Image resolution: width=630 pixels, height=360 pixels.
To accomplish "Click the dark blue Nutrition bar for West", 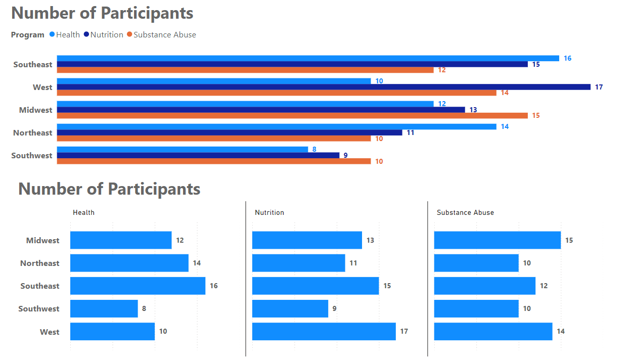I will pyautogui.click(x=324, y=87).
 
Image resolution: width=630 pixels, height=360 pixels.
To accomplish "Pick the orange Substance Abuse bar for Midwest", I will pyautogui.click(x=292, y=116).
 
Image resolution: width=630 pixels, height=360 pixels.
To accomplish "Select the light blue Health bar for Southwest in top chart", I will pyautogui.click(x=182, y=149).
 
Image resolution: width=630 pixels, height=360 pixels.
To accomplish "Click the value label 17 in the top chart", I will pyautogui.click(x=599, y=87).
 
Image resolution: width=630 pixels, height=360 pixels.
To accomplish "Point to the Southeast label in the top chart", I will pyautogui.click(x=33, y=64).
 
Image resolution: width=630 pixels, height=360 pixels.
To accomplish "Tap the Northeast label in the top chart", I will pyautogui.click(x=33, y=132).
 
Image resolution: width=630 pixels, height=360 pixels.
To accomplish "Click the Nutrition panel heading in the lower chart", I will pyautogui.click(x=269, y=212).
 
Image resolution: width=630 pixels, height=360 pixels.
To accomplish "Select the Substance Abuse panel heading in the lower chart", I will pyautogui.click(x=465, y=212).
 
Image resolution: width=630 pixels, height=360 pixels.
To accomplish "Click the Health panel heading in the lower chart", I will pyautogui.click(x=83, y=212).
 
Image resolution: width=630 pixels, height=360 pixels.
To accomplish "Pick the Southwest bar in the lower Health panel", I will pyautogui.click(x=104, y=308).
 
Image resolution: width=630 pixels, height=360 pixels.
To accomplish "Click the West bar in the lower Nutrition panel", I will pyautogui.click(x=324, y=332).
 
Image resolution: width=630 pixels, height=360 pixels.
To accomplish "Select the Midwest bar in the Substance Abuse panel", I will pyautogui.click(x=497, y=240).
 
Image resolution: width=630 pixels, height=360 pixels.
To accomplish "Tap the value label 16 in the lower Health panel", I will pyautogui.click(x=214, y=286).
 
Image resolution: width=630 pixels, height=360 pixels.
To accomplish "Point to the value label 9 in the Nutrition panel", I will pyautogui.click(x=334, y=309).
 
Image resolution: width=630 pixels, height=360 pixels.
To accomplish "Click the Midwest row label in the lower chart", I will pyautogui.click(x=43, y=241).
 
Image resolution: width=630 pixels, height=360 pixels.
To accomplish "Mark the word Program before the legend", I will pyautogui.click(x=28, y=35).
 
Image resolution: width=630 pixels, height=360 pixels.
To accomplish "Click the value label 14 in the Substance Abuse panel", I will pyautogui.click(x=561, y=332).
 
